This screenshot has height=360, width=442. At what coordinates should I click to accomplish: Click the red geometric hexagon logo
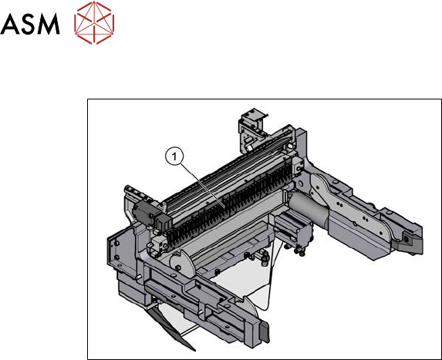[94, 22]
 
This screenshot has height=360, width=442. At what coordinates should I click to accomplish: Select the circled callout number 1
[174, 156]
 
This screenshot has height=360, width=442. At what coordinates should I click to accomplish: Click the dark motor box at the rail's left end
[143, 214]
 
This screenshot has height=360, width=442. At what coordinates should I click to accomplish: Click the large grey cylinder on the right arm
[308, 207]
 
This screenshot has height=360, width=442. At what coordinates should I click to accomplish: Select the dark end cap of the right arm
[410, 241]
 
